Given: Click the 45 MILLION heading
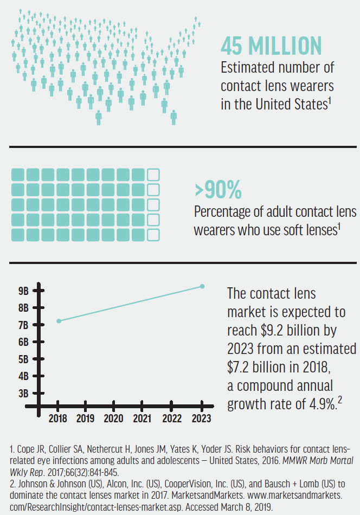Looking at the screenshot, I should pos(271,46).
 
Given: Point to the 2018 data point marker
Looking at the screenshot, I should pos(59,321).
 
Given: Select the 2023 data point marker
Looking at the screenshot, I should pos(202,286).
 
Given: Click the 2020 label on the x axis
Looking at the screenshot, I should pos(114,419).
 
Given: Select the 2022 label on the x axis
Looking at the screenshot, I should pos(172,419).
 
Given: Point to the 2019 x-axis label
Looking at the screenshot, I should pos(85,419).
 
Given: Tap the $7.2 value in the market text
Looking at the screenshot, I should pos(241,366).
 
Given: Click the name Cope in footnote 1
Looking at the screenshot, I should pos(24,450).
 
